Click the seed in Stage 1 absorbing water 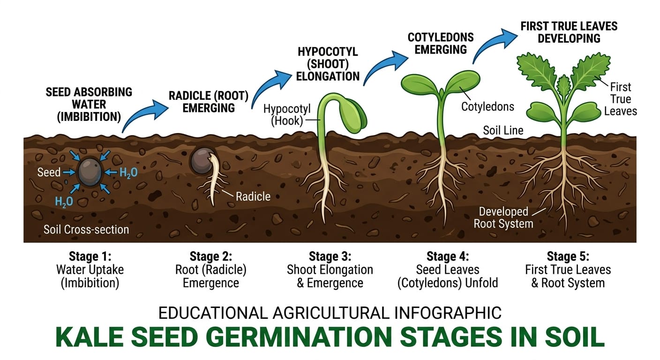(89, 172)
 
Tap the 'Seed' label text (49, 172)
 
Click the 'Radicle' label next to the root (253, 196)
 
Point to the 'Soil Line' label (503, 130)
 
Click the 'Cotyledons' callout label (487, 106)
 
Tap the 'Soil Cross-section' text (86, 230)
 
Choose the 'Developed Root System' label (503, 217)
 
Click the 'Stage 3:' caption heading (330, 256)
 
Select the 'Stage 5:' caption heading (568, 256)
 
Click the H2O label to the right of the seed (128, 173)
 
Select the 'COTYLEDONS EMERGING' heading (441, 43)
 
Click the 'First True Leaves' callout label (620, 99)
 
